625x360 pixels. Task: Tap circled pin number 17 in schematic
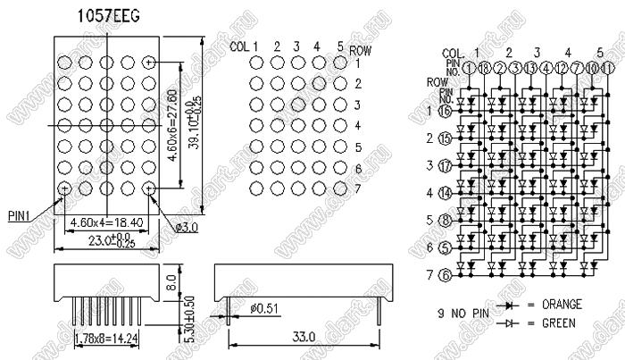[x=444, y=165]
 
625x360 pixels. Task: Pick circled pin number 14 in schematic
[x=444, y=192]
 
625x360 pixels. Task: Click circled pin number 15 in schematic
[x=444, y=138]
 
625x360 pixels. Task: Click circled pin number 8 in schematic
[x=444, y=219]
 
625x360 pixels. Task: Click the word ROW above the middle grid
[x=361, y=50]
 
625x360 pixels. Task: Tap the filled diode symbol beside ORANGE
[x=512, y=305]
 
